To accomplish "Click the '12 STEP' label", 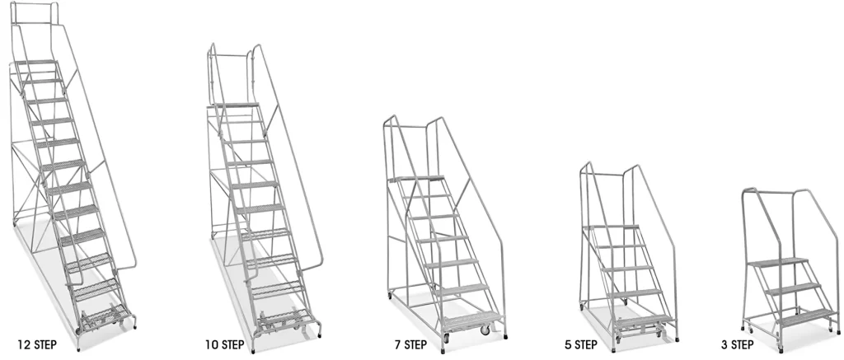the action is tap(37, 344).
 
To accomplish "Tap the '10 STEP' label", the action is tap(224, 344).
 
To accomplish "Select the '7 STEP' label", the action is tap(410, 344).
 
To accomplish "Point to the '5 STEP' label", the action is tap(581, 344).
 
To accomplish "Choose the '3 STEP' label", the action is tap(738, 344).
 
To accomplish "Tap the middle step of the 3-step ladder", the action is tap(793, 288).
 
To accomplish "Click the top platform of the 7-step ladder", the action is tap(416, 179).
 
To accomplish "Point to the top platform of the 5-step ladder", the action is tap(611, 227).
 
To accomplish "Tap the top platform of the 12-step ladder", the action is tap(35, 63).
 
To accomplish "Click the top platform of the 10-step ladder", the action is tap(234, 105).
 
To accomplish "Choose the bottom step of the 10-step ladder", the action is tap(284, 318).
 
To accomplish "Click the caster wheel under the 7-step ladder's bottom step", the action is tap(485, 330).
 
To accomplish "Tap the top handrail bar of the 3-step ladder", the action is tap(768, 191).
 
